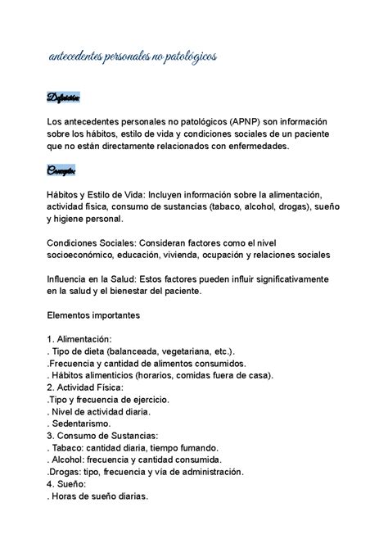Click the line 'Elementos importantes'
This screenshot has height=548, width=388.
click(x=94, y=314)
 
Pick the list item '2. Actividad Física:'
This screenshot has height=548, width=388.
click(x=85, y=387)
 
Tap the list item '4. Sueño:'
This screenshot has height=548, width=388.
click(x=66, y=484)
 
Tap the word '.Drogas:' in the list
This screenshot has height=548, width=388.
click(x=68, y=473)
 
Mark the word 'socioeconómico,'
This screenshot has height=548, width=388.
click(x=86, y=255)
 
